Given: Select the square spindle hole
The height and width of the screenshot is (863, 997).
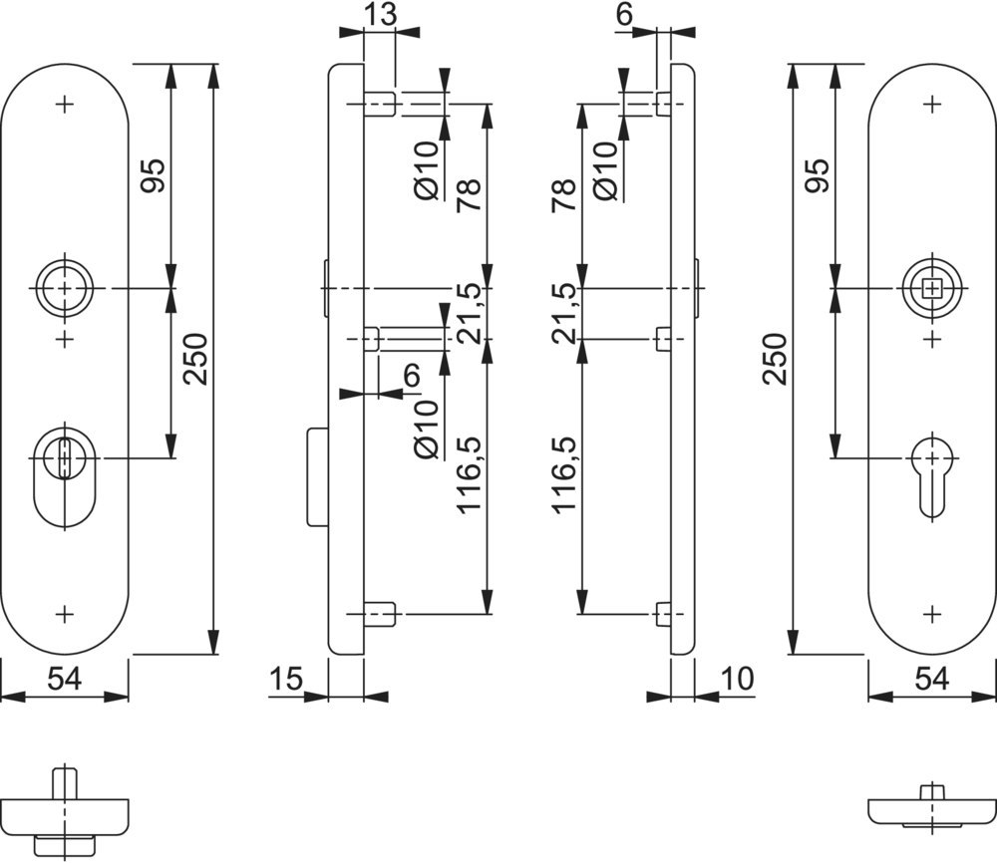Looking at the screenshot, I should pyautogui.click(x=932, y=289).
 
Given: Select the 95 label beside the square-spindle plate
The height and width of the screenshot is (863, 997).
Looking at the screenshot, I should pyautogui.click(x=816, y=176).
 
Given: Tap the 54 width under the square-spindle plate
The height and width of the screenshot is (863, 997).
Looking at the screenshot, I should pyautogui.click(x=931, y=680).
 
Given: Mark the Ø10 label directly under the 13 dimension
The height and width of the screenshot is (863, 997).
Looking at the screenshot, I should pyautogui.click(x=426, y=169).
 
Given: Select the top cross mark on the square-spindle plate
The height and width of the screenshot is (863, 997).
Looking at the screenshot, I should pyautogui.click(x=932, y=104).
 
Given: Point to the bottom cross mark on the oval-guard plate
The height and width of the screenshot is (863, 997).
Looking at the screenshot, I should pyautogui.click(x=66, y=614).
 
